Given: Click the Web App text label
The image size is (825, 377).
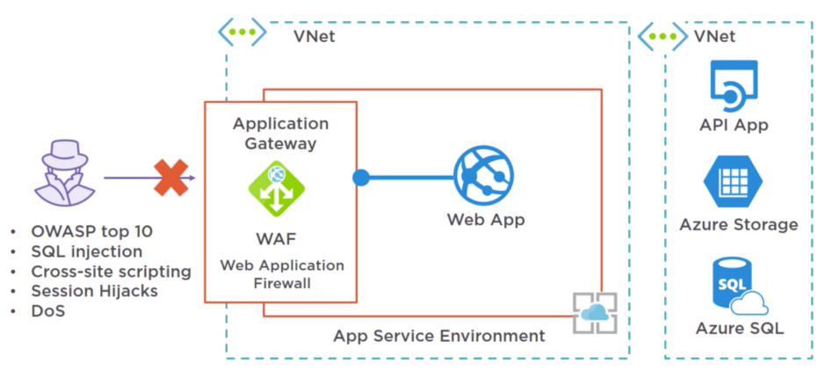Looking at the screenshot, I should tap(486, 220).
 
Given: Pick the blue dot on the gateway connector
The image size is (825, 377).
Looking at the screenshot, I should tap(361, 178).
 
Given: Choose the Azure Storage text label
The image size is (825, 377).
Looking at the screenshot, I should tap(738, 225).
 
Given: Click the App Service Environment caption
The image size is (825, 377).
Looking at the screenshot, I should tap(438, 336).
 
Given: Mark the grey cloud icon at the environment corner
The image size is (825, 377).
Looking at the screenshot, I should tap(595, 313).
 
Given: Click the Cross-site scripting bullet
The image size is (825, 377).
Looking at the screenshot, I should tap(111, 271).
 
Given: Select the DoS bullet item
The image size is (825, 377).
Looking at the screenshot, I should tap(49, 310).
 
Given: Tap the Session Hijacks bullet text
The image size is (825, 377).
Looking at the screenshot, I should tap(94, 291).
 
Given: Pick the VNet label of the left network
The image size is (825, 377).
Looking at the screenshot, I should tap(314, 36).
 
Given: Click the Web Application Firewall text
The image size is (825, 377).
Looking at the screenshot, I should tap(281, 274).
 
